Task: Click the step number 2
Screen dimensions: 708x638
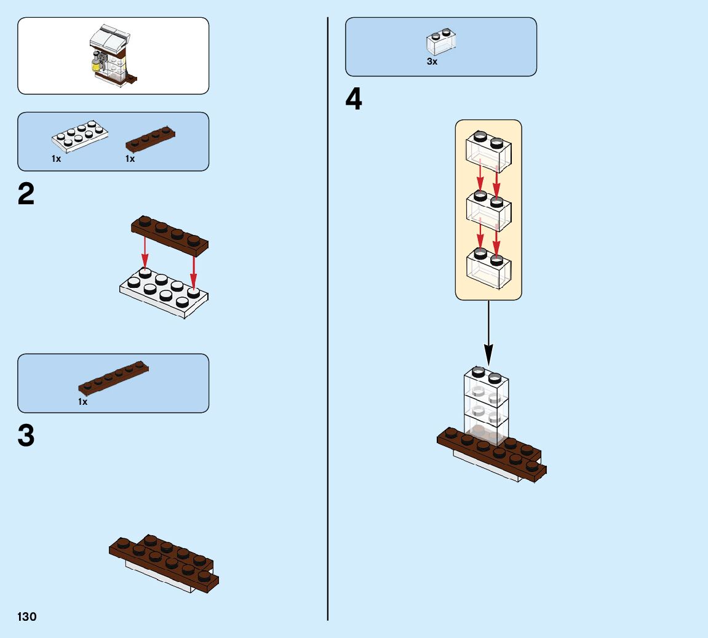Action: pos(26,195)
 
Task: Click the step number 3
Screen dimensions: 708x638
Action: pos(26,436)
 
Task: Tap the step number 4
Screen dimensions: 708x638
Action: pos(354,100)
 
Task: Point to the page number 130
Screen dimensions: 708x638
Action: pos(27,617)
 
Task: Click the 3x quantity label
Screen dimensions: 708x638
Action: pos(432,62)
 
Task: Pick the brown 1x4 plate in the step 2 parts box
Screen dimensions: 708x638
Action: pos(151,139)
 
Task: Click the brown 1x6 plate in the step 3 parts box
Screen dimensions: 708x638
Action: pos(114,377)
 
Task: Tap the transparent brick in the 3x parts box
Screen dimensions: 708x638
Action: pos(441,42)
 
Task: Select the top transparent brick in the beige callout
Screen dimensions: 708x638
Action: pos(488,151)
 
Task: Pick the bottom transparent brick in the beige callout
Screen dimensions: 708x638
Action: pos(488,268)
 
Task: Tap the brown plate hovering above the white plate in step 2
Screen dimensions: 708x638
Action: pos(170,236)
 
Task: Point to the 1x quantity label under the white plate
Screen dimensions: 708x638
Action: pos(56,159)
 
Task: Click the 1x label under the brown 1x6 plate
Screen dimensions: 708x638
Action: pos(82,402)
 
